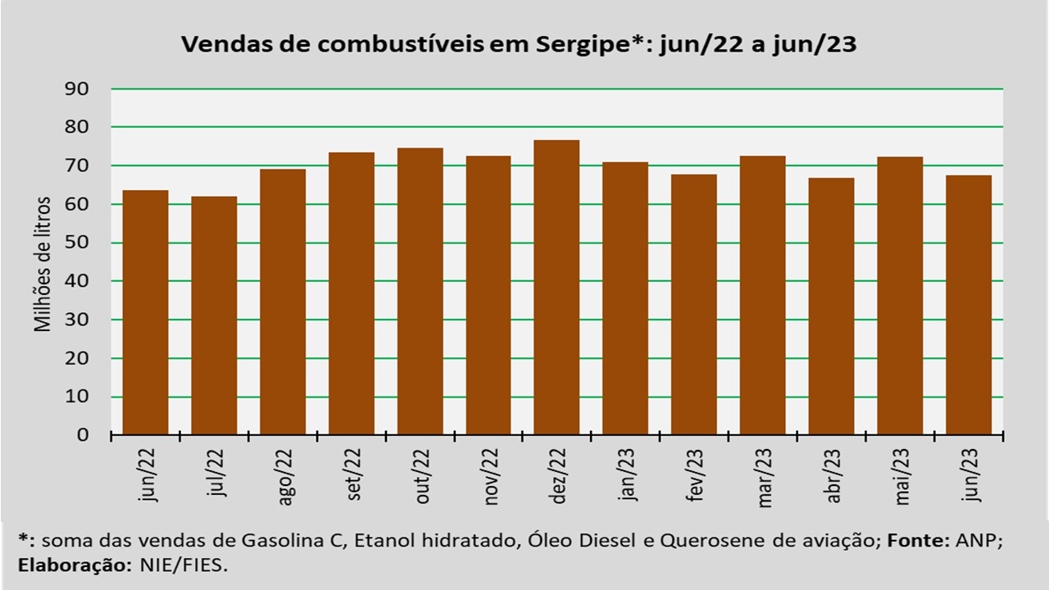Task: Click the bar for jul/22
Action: [214, 315]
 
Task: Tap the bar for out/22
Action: [420, 291]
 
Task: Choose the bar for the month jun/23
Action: [968, 305]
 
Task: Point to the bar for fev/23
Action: [693, 304]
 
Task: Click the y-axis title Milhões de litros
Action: [43, 263]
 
